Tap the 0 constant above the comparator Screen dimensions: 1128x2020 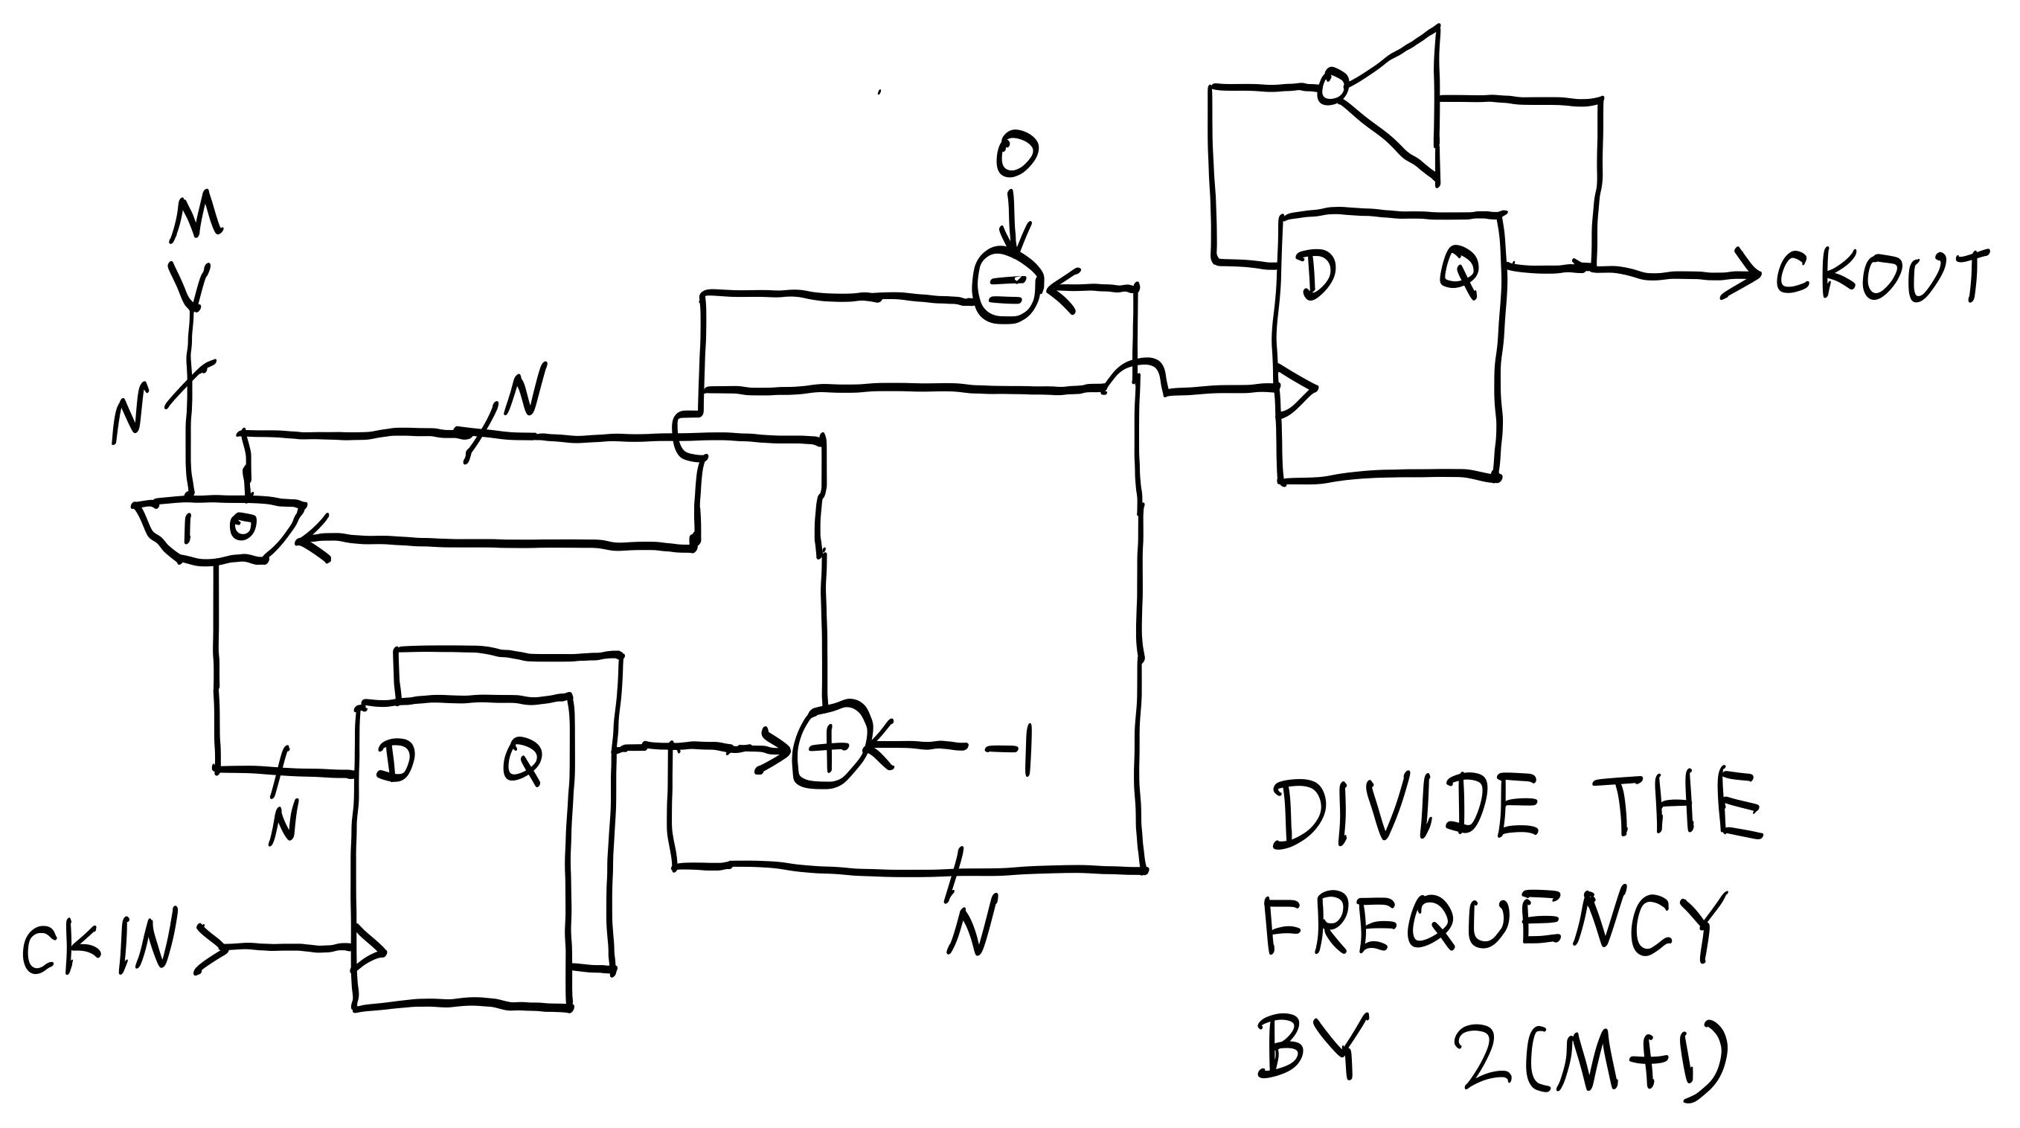click(1016, 154)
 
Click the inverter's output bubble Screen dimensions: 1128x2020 click(1332, 86)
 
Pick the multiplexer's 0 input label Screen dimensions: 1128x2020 click(243, 526)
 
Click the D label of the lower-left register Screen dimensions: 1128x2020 click(394, 761)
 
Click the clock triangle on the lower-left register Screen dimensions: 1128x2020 click(368, 950)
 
